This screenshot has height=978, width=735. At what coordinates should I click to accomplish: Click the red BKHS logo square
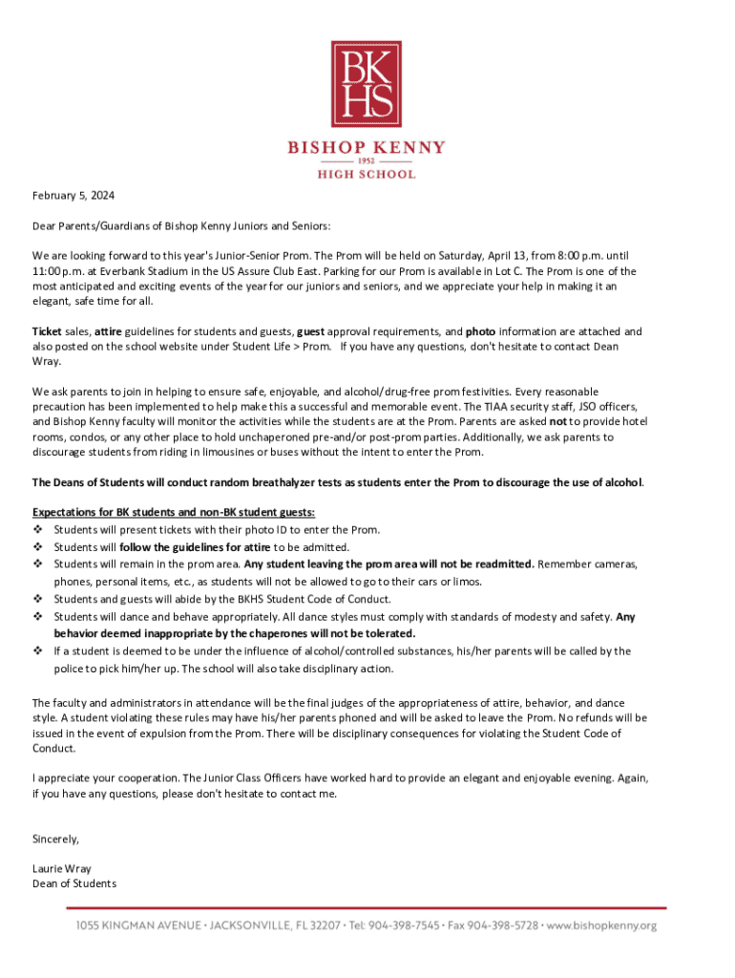[367, 83]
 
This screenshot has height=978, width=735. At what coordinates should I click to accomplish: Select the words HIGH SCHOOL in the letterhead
[367, 175]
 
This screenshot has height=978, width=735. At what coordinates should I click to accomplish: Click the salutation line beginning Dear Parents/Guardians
[181, 226]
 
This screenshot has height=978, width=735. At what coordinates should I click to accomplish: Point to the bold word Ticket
[47, 331]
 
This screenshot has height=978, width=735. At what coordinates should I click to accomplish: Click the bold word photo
[479, 331]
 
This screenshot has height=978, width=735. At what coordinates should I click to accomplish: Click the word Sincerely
[55, 839]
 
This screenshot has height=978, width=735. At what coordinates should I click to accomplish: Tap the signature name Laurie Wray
[62, 869]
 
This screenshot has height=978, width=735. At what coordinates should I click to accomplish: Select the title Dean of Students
[74, 883]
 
